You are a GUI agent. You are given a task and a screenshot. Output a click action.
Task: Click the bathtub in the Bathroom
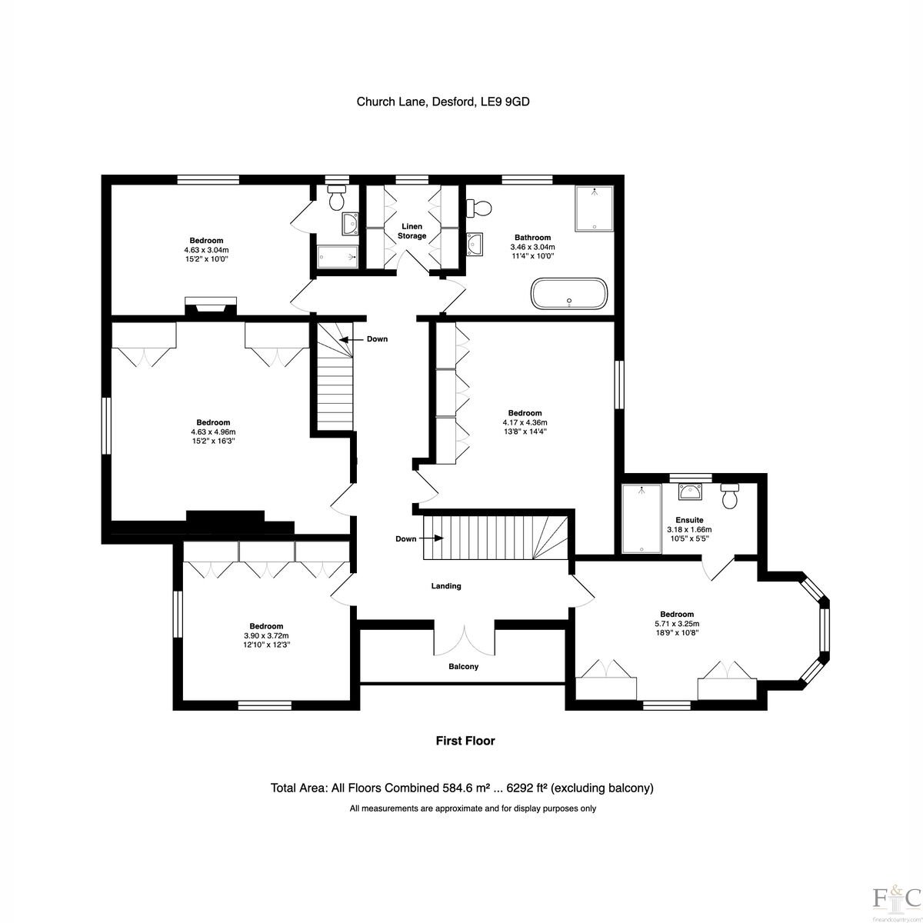pos(569,293)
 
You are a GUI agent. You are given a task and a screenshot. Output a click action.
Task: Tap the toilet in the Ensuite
pos(730,496)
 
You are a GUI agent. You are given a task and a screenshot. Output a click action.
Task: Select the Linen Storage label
pos(412,231)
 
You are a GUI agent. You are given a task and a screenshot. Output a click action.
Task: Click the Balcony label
pos(463,666)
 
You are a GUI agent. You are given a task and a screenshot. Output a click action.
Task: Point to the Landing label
pos(446,586)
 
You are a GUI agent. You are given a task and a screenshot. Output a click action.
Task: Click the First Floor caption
pos(465,741)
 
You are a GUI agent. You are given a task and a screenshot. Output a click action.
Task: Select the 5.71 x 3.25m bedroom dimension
pos(677,624)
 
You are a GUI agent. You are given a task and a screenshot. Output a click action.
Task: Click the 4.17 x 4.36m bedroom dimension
pos(525,422)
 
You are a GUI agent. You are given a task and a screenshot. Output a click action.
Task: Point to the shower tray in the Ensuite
pos(641,518)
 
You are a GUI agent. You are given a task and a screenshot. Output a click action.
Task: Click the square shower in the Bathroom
pos(594,208)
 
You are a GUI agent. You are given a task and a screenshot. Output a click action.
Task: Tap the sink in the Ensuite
pos(689,492)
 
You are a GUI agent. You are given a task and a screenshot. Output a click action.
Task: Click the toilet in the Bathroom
pos(479,208)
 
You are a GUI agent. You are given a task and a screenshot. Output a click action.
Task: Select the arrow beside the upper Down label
pos(351,339)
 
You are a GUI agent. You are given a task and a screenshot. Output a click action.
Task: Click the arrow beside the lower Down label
pos(432,538)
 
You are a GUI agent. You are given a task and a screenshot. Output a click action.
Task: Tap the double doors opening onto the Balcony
pos(464,637)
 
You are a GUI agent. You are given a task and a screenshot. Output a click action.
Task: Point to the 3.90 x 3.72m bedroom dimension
pos(266,635)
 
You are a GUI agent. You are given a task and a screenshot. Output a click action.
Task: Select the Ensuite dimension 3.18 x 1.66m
pos(689,530)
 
